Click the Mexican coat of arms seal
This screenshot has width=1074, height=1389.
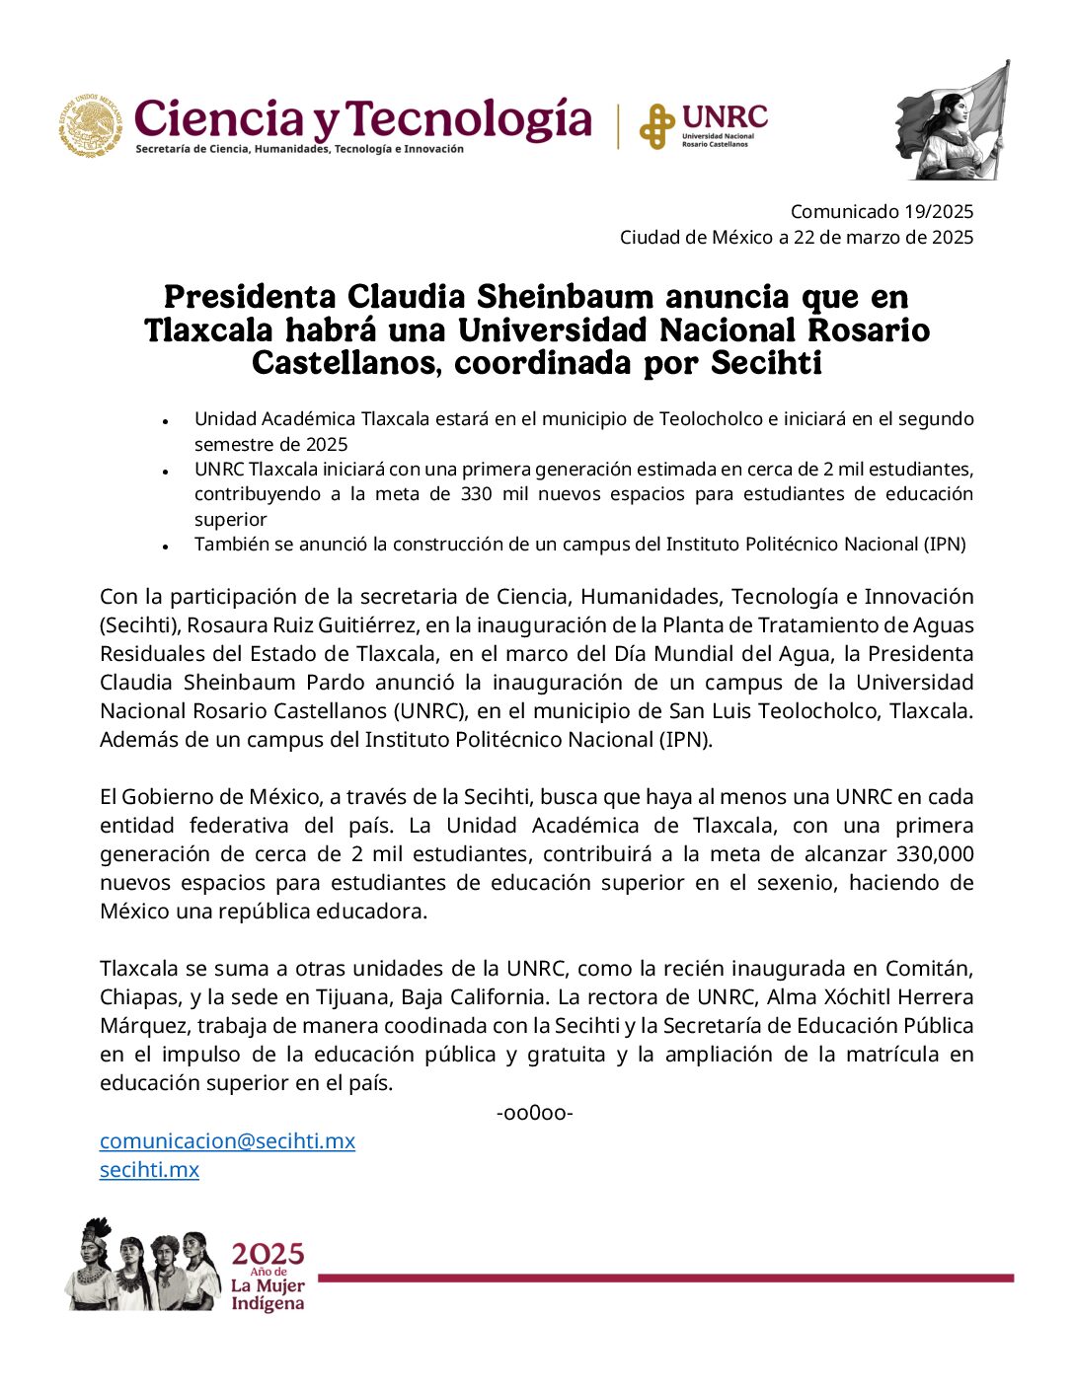click(90, 126)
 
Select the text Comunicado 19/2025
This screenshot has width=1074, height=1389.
click(882, 211)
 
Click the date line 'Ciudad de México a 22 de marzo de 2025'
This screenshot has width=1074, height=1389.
click(796, 237)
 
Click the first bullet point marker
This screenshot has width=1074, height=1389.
click(167, 420)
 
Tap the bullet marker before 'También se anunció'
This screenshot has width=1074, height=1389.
click(167, 546)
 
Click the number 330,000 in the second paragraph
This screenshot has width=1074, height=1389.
click(934, 853)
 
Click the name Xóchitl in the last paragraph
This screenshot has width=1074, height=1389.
click(850, 997)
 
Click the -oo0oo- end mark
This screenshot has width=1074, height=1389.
click(534, 1114)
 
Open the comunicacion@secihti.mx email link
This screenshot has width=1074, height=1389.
click(227, 1141)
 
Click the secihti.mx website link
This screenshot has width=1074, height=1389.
click(149, 1170)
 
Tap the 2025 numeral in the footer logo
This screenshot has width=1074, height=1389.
click(268, 1254)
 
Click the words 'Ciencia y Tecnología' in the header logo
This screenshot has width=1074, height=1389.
click(362, 119)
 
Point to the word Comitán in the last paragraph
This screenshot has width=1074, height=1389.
click(929, 969)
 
